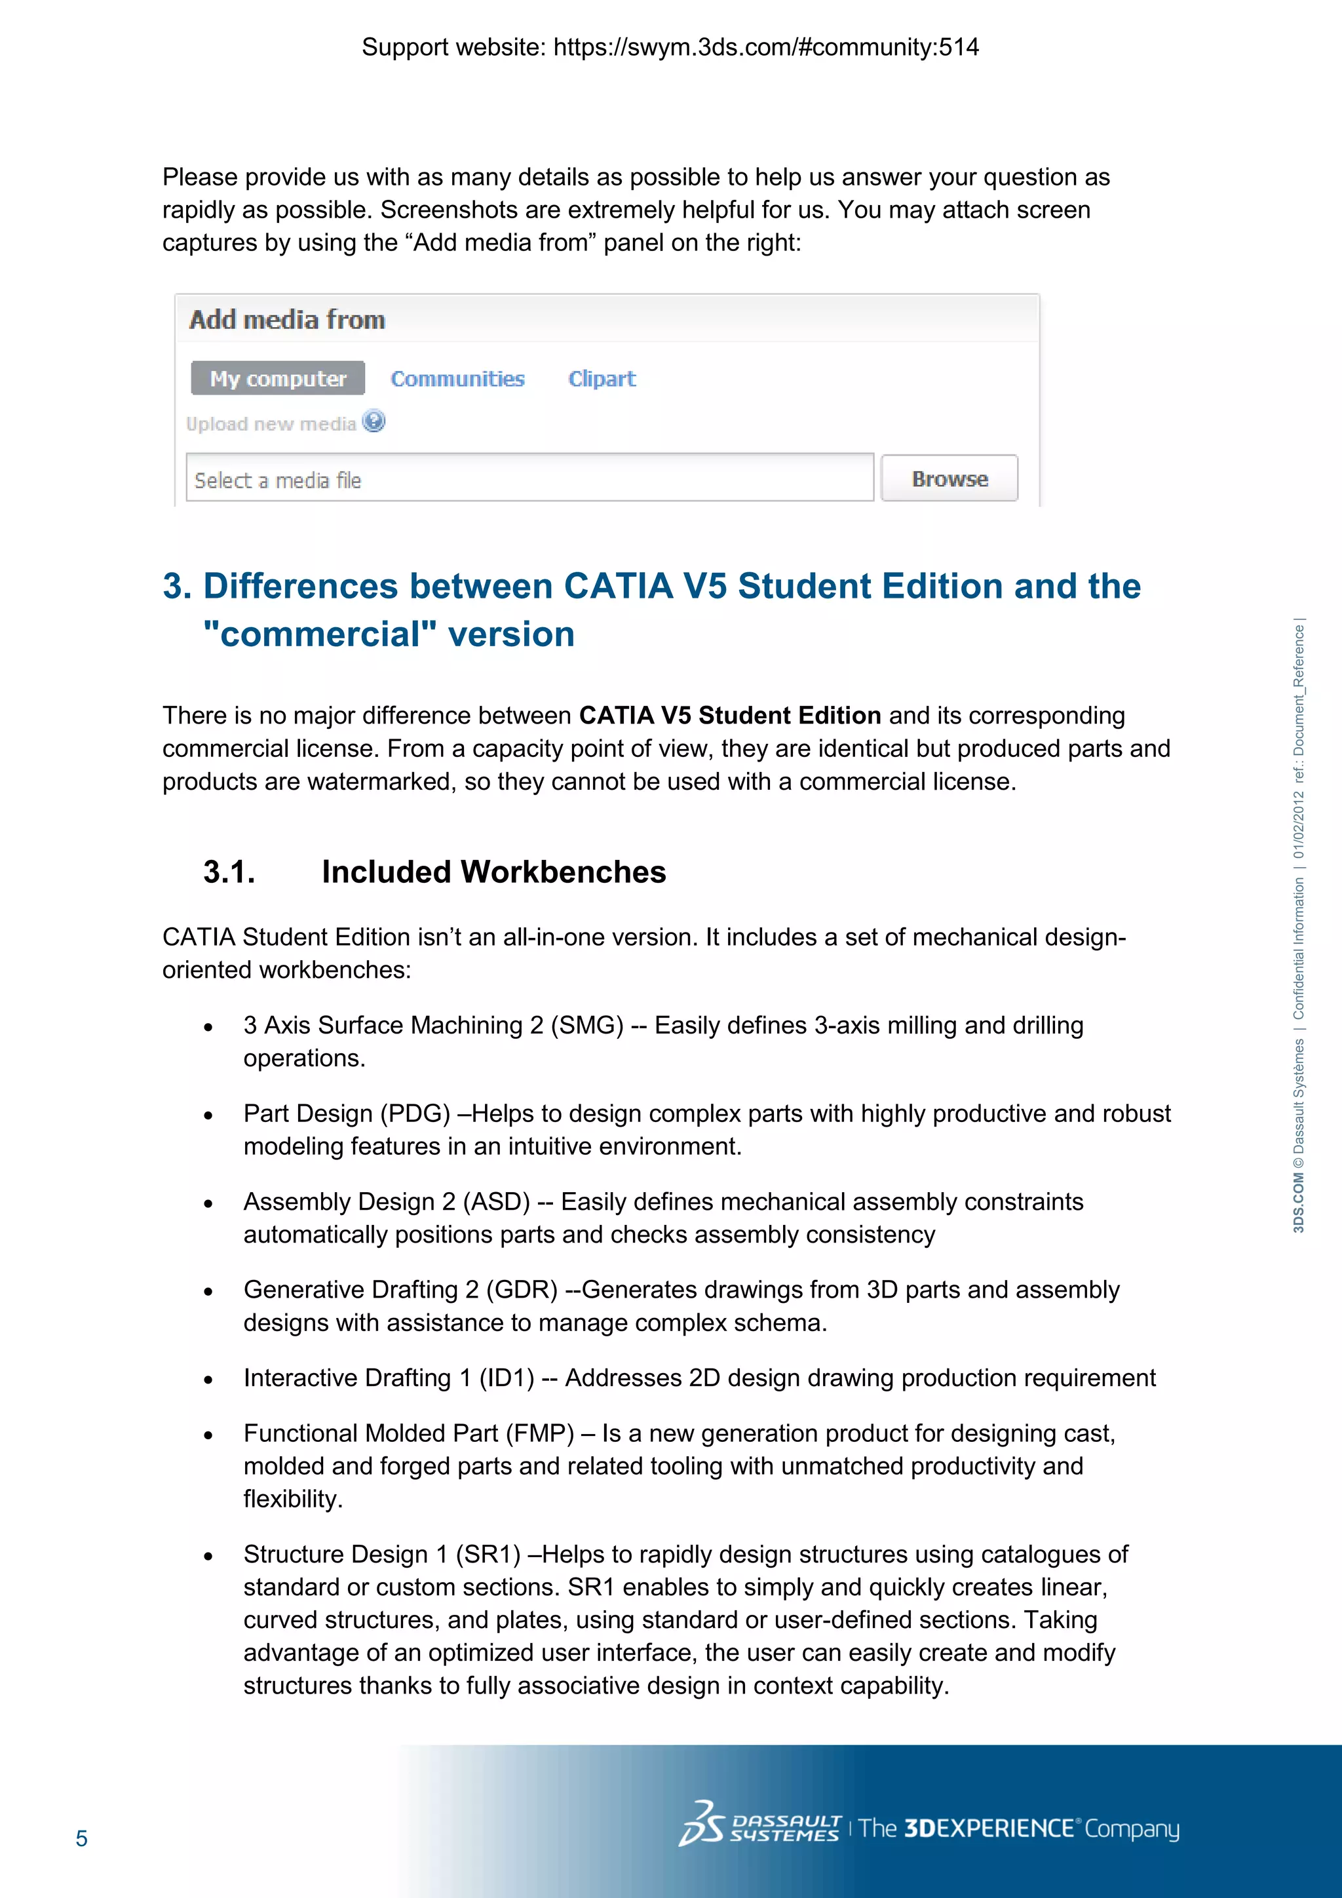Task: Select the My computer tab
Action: click(278, 379)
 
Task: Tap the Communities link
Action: click(457, 379)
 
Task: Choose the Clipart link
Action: click(602, 379)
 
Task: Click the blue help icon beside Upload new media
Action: click(374, 421)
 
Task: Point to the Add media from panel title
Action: click(287, 320)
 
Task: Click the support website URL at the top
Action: click(765, 47)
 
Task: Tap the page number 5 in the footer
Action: click(81, 1838)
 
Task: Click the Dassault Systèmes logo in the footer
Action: click(759, 1828)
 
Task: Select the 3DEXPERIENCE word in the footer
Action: click(988, 1828)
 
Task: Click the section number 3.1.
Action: click(229, 872)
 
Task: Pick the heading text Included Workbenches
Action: click(493, 872)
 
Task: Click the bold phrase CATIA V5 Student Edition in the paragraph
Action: click(730, 715)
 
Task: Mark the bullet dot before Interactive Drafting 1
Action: click(208, 1380)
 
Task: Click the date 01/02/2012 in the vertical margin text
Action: click(1298, 824)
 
